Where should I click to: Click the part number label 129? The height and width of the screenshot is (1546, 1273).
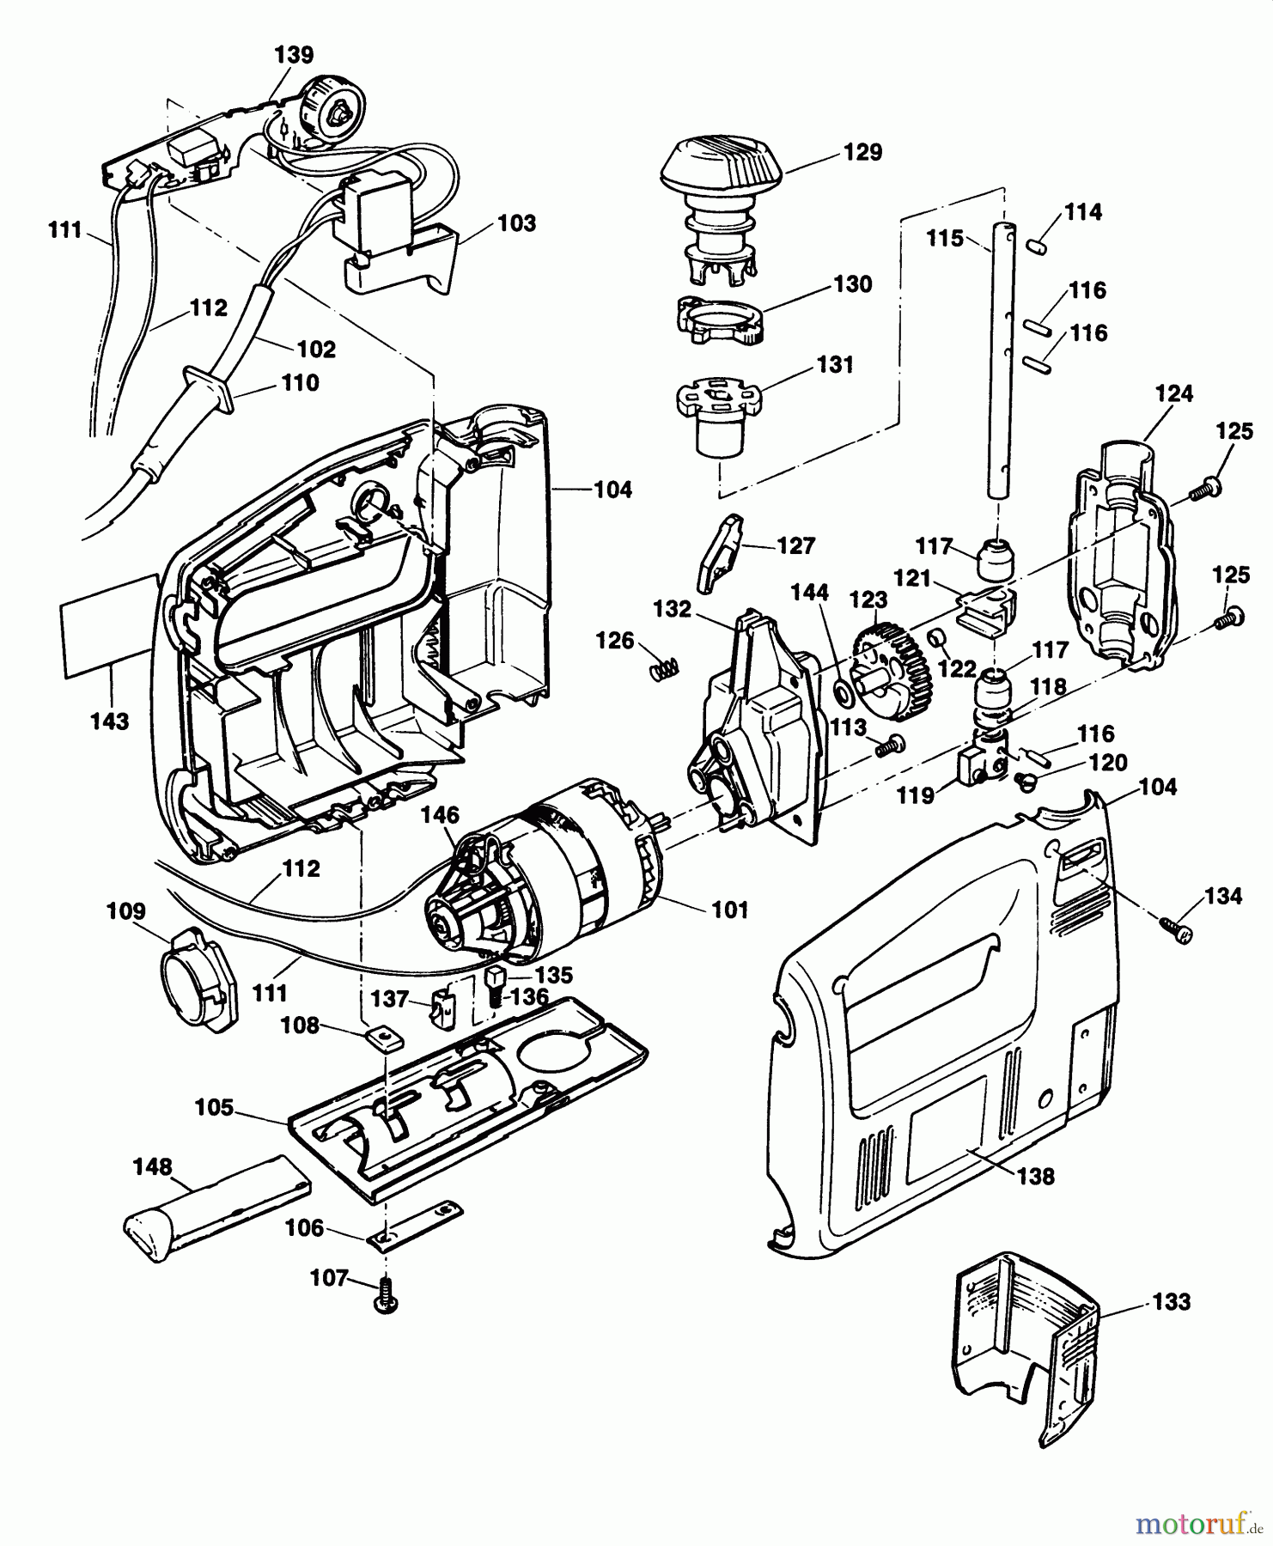[x=863, y=152]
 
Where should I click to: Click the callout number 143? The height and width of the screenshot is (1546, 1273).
[x=109, y=721]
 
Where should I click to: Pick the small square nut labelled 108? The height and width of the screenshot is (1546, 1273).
[x=379, y=1037]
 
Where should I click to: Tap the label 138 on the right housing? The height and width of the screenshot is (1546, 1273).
[x=1036, y=1176]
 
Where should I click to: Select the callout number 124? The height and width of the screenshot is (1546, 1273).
[x=1174, y=393]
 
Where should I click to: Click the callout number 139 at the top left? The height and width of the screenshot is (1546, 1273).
[x=294, y=55]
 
